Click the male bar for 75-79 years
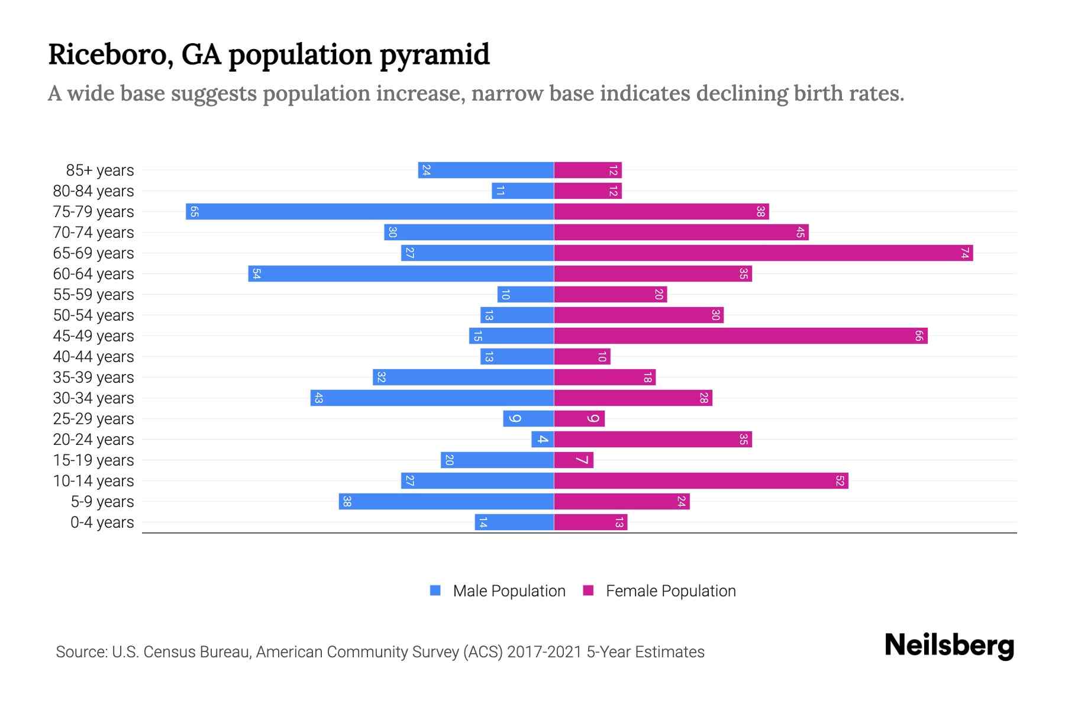pyautogui.click(x=370, y=211)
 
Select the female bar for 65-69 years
pyautogui.click(x=763, y=253)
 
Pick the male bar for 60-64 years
pyautogui.click(x=401, y=273)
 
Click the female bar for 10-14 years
pyautogui.click(x=701, y=480)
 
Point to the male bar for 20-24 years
pyautogui.click(x=543, y=439)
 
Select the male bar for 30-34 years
pyautogui.click(x=432, y=398)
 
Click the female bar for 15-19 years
pyautogui.click(x=574, y=460)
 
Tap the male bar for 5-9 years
pyautogui.click(x=447, y=501)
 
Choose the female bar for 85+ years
pyautogui.click(x=588, y=170)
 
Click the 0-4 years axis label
pyautogui.click(x=102, y=522)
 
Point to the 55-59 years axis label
pyautogui.click(x=93, y=295)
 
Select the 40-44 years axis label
pyautogui.click(x=93, y=357)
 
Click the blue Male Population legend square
pyautogui.click(x=435, y=590)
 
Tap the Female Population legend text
pyautogui.click(x=670, y=591)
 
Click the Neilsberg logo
pyautogui.click(x=949, y=645)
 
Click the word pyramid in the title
pyautogui.click(x=434, y=55)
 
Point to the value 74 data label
pyautogui.click(x=964, y=253)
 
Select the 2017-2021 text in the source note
pyautogui.click(x=544, y=652)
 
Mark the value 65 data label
pyautogui.click(x=194, y=211)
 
